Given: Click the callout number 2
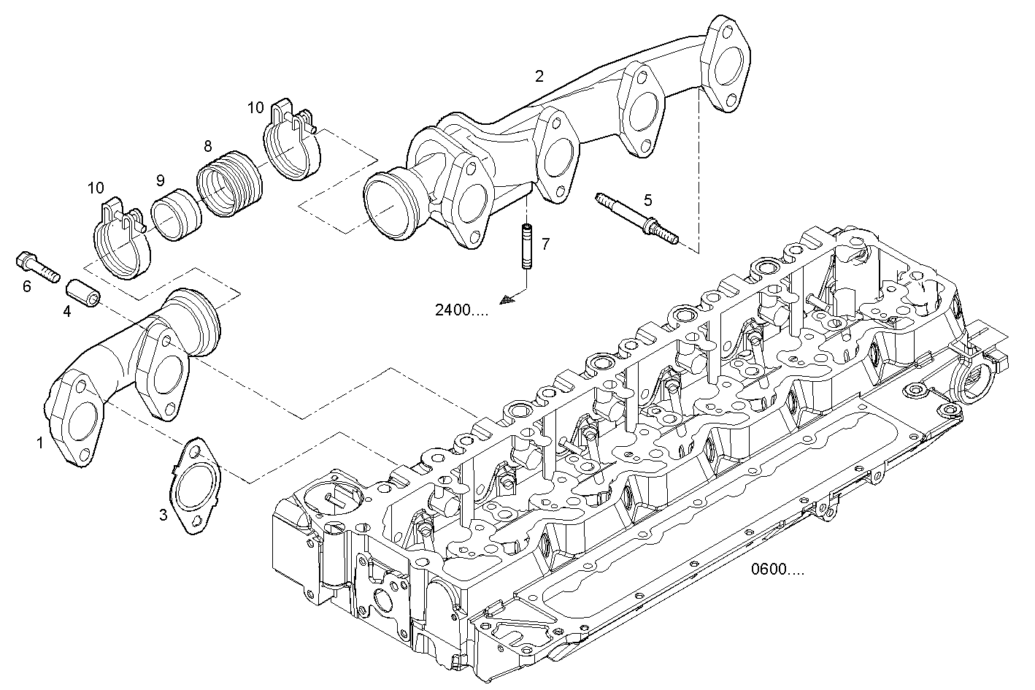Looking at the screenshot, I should pyautogui.click(x=539, y=76).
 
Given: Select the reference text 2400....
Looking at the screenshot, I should pyautogui.click(x=461, y=310).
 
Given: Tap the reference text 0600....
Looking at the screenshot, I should pyautogui.click(x=777, y=570).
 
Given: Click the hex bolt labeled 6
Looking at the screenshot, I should pyautogui.click(x=37, y=267).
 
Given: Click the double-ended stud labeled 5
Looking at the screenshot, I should pyautogui.click(x=636, y=218).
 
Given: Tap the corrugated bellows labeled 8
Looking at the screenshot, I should pyautogui.click(x=229, y=183).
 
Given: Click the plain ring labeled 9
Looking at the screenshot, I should pyautogui.click(x=176, y=215).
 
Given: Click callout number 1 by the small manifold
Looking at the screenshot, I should pyautogui.click(x=40, y=442).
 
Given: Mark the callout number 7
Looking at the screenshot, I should pyautogui.click(x=545, y=244).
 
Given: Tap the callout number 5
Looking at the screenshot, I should pyautogui.click(x=647, y=199).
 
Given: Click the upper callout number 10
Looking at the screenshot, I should pyautogui.click(x=255, y=108).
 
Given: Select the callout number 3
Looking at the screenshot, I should pyautogui.click(x=163, y=515).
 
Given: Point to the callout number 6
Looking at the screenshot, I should pyautogui.click(x=26, y=286).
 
